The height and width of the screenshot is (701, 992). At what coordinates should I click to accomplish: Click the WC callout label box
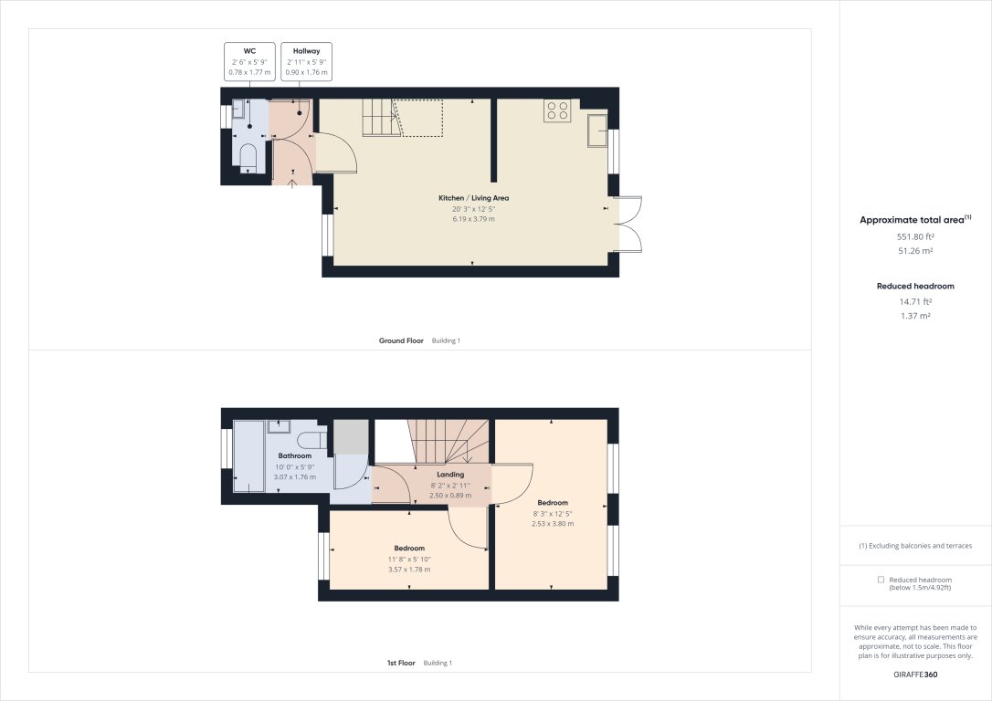(x=248, y=62)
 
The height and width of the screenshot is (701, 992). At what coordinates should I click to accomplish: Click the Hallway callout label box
(x=306, y=62)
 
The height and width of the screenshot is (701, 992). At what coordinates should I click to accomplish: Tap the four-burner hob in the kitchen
(x=556, y=110)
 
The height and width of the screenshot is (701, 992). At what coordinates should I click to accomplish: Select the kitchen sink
(x=596, y=129)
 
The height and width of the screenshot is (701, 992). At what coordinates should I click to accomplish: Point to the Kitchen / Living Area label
(x=473, y=198)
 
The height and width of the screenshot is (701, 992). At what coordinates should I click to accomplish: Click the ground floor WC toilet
(x=248, y=156)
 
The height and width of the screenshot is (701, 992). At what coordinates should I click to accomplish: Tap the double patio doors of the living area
(x=629, y=224)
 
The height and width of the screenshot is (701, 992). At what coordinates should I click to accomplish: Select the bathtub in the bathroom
(x=249, y=456)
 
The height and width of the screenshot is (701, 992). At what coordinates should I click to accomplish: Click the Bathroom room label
(x=295, y=455)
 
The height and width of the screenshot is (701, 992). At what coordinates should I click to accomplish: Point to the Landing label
(x=450, y=475)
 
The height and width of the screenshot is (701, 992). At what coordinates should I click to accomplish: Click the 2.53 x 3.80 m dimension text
(x=553, y=524)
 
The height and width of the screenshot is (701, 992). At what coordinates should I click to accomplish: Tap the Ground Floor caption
(x=401, y=340)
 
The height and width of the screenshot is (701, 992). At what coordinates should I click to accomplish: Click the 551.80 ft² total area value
(x=914, y=237)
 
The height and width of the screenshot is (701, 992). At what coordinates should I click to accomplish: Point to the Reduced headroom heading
(x=914, y=286)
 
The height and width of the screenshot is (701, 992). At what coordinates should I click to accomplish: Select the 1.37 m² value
(x=914, y=316)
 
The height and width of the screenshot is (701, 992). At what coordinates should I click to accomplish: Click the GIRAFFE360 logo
(x=914, y=675)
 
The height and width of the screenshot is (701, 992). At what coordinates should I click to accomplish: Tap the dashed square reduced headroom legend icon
(x=881, y=580)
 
